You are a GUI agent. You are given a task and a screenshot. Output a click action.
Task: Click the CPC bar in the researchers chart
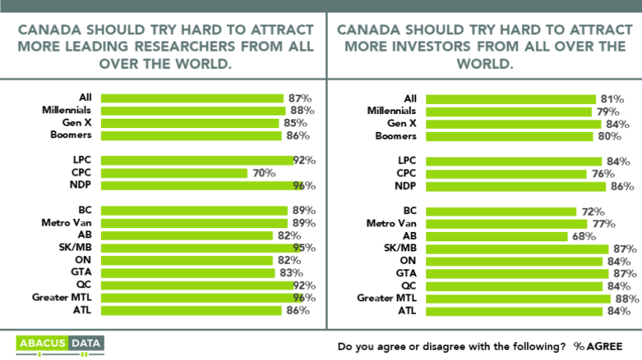174,173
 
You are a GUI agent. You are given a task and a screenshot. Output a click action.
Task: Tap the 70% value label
262,173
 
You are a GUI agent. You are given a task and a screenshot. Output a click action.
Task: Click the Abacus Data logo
60,343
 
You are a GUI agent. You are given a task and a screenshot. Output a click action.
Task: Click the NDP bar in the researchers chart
199,185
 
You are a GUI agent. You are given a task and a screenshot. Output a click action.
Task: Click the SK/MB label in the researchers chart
78,248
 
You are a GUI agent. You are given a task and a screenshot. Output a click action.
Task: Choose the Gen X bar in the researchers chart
189,123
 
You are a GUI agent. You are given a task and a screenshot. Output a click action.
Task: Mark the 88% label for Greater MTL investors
626,298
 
